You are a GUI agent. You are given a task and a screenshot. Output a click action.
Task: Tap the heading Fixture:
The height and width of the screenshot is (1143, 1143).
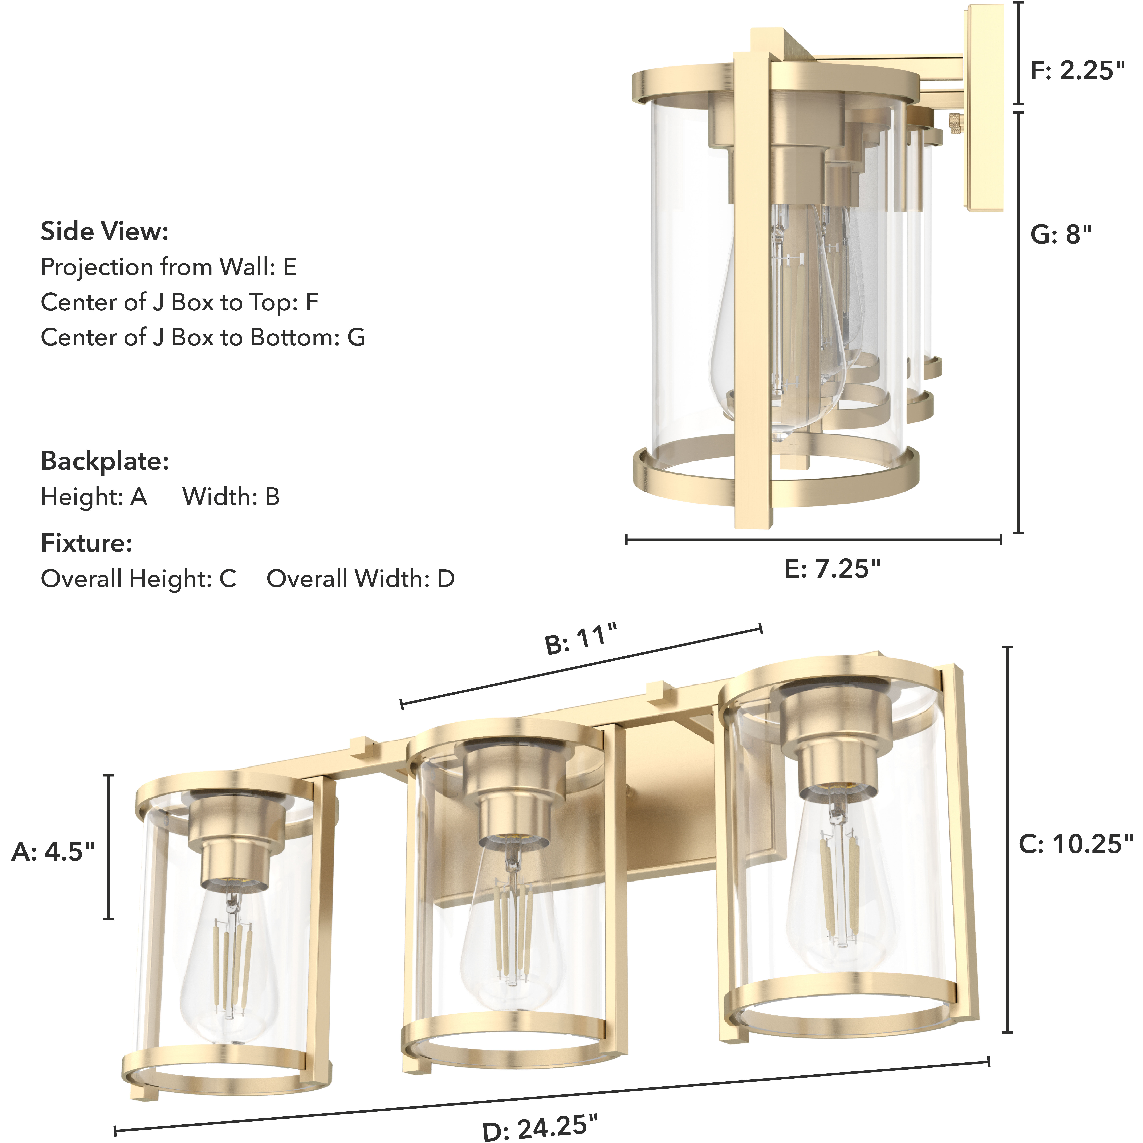[86, 542]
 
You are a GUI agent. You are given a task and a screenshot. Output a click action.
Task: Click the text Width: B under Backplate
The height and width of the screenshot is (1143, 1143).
[231, 496]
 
